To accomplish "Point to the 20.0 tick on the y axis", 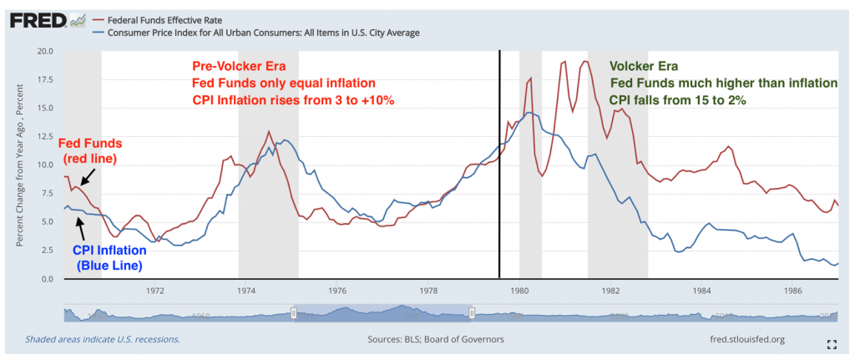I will [46, 51].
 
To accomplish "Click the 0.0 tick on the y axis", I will [48, 278].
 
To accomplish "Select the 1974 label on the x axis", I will [246, 292].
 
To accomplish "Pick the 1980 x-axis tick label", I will [519, 292].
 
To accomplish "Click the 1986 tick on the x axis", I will [793, 292].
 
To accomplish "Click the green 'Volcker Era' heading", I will [644, 66].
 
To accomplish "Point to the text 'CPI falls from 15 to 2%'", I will [677, 99].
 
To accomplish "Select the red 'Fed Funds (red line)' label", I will [90, 150].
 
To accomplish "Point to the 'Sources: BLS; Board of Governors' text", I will [435, 340].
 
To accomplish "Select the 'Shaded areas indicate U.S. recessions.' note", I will [102, 340].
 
